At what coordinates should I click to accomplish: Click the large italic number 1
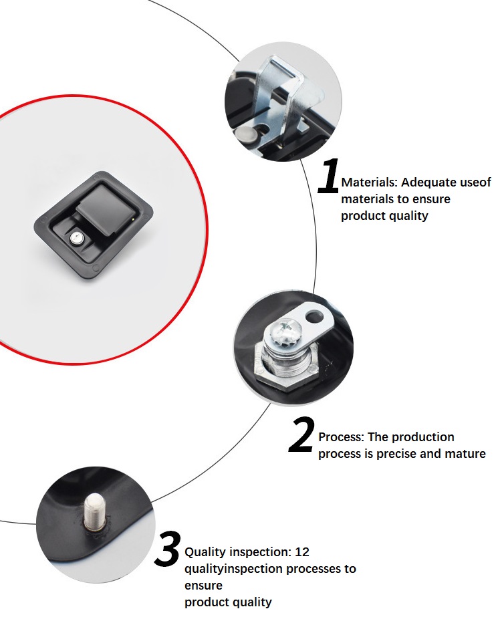[x=330, y=177]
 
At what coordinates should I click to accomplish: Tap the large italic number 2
[x=302, y=436]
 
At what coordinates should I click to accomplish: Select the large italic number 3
[x=167, y=550]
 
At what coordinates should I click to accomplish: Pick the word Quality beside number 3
[x=205, y=552]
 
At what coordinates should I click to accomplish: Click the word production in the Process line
[x=423, y=437]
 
